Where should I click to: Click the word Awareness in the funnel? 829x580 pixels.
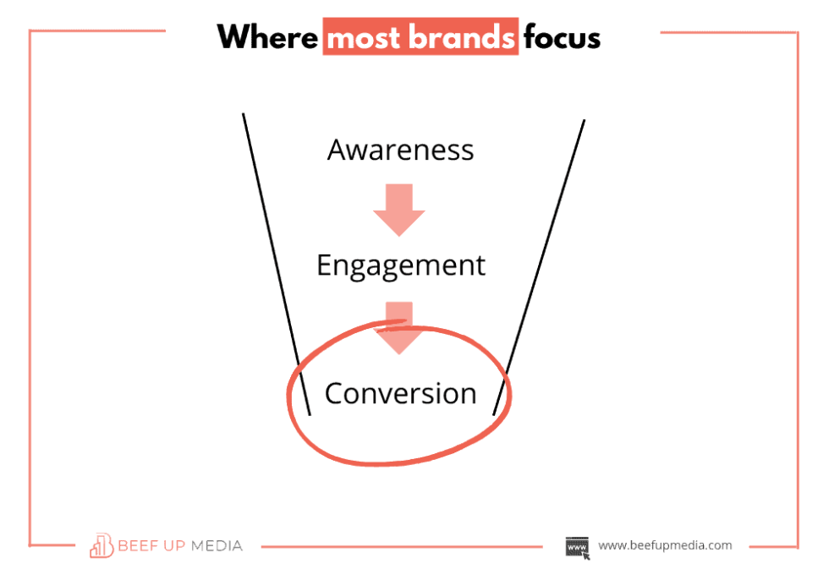click(400, 150)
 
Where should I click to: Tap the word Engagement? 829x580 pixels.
click(400, 265)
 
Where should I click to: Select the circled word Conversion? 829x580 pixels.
click(400, 393)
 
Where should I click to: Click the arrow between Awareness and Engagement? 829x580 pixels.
click(398, 208)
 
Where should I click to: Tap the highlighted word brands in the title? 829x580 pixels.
click(462, 38)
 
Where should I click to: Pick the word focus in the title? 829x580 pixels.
click(561, 38)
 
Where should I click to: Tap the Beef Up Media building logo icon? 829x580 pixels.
click(102, 545)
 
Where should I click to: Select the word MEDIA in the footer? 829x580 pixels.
click(215, 545)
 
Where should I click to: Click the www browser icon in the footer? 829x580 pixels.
click(578, 546)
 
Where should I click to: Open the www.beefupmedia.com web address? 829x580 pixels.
click(665, 545)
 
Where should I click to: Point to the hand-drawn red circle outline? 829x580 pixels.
click(292, 397)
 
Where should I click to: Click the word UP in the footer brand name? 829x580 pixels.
click(175, 545)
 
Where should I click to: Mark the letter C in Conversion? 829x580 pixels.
click(335, 393)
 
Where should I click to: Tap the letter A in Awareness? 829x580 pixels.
click(338, 150)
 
